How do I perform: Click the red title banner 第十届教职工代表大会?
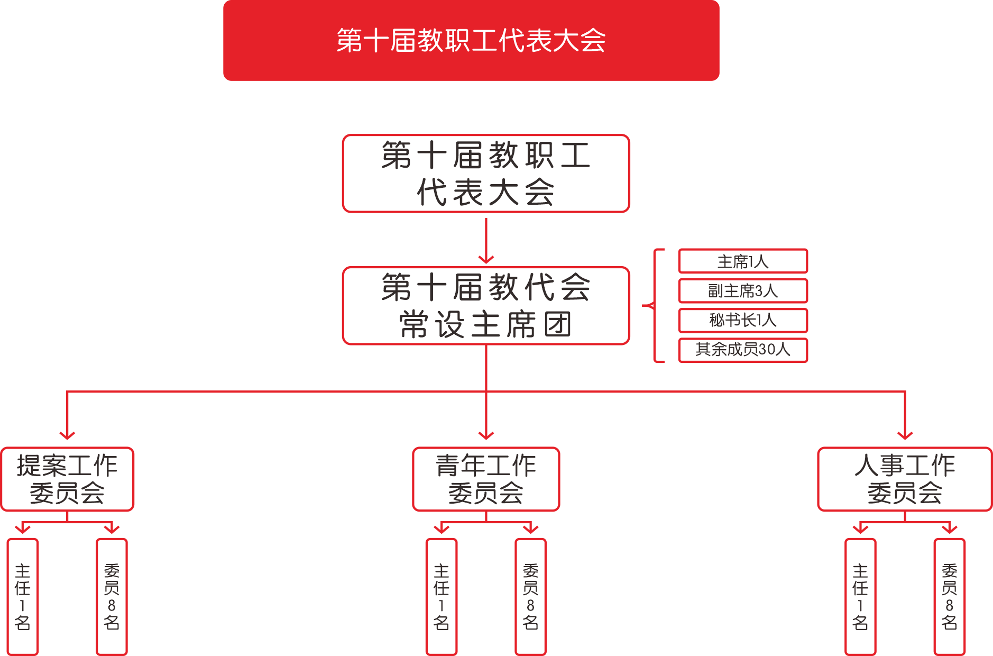click(471, 41)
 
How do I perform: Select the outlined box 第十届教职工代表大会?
click(486, 174)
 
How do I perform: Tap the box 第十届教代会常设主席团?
click(486, 306)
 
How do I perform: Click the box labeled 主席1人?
click(743, 261)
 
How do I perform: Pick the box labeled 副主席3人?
click(743, 291)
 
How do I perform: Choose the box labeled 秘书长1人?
click(743, 321)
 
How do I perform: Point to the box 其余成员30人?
click(743, 350)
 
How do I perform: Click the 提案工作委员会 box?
click(67, 479)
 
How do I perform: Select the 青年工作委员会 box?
click(486, 479)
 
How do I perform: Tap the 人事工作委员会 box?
click(905, 479)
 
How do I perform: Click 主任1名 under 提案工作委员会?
click(23, 597)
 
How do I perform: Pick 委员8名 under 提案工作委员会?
click(112, 597)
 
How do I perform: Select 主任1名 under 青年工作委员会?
click(442, 597)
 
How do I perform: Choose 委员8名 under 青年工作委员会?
click(530, 597)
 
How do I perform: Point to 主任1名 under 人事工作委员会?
click(860, 597)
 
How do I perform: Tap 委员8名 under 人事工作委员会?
click(949, 597)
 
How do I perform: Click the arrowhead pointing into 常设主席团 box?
click(486, 259)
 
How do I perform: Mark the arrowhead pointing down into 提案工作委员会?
click(67, 435)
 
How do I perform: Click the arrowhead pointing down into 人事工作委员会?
click(905, 435)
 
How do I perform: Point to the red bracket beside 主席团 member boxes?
click(655, 306)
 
